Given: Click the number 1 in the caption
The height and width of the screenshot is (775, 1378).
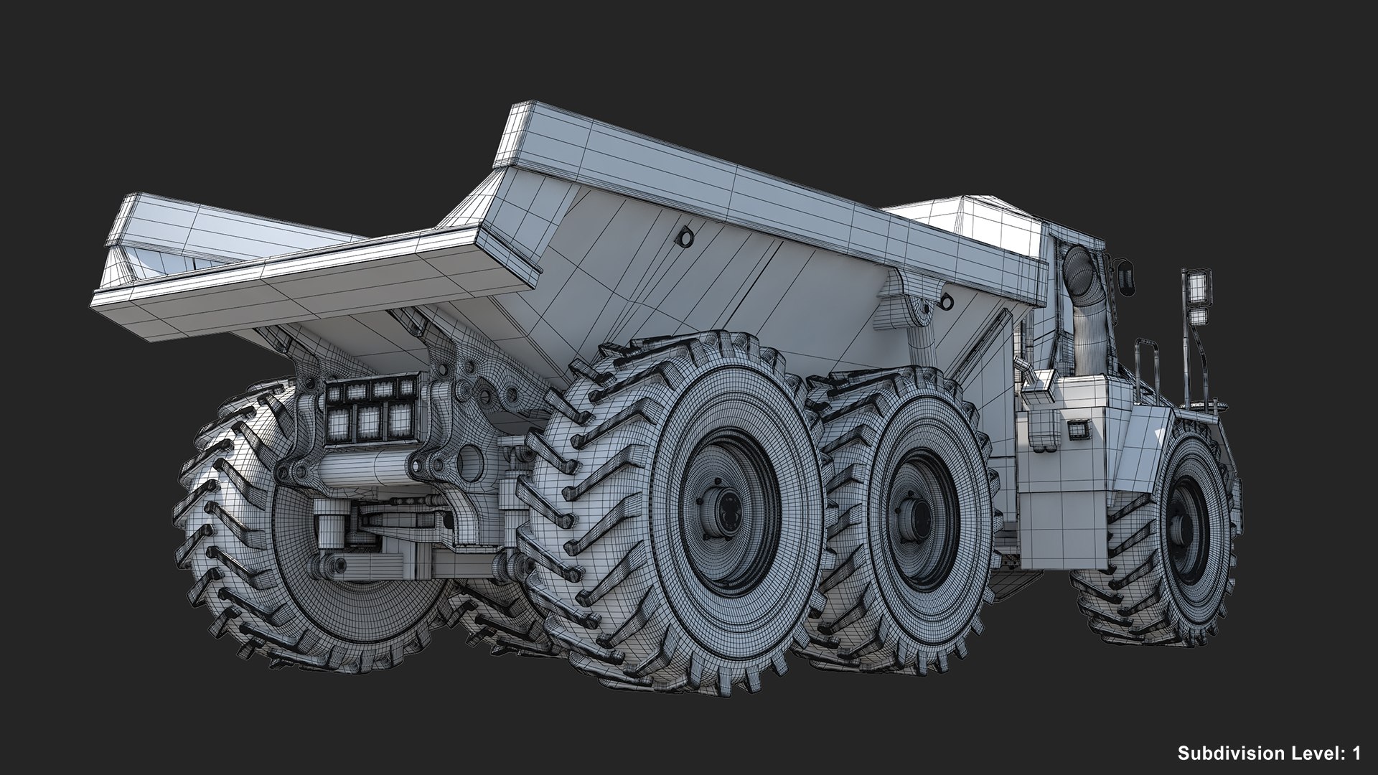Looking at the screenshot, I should [1356, 753].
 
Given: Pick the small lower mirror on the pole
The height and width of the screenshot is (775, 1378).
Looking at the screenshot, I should [1197, 316].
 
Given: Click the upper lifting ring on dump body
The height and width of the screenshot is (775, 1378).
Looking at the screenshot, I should [687, 236].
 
